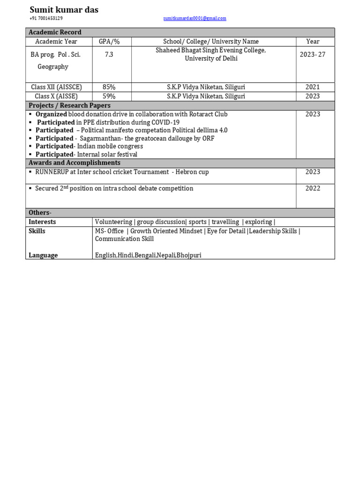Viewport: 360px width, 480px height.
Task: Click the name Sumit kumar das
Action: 64,10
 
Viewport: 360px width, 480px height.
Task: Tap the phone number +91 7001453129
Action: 46,18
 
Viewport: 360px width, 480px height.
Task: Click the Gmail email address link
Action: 195,18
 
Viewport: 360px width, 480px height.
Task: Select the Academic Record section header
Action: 55,32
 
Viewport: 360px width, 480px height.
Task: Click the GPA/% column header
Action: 109,41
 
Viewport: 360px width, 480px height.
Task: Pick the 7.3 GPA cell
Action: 109,54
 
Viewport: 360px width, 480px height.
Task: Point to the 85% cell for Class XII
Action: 109,87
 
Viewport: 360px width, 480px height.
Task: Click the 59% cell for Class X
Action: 109,96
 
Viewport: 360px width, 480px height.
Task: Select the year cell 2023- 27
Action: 313,54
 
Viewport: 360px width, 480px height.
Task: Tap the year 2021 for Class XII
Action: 313,87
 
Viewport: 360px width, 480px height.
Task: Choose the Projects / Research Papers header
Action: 69,105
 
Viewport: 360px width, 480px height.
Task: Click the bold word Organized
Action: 51,114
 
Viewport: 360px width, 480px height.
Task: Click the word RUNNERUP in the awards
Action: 52,172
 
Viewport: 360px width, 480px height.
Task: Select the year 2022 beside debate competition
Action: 313,188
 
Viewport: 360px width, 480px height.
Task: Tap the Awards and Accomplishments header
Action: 74,163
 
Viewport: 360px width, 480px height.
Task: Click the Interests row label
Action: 42,222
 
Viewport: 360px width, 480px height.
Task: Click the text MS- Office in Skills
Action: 109,231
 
